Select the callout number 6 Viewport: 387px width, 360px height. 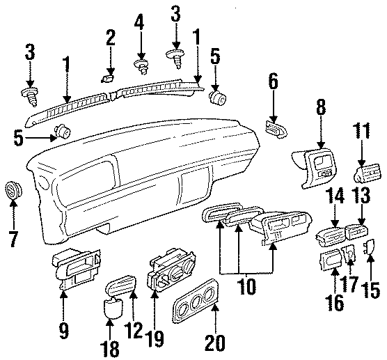[x=273, y=83]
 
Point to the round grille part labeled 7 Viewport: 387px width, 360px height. [x=13, y=189]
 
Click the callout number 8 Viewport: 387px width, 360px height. [x=321, y=107]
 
